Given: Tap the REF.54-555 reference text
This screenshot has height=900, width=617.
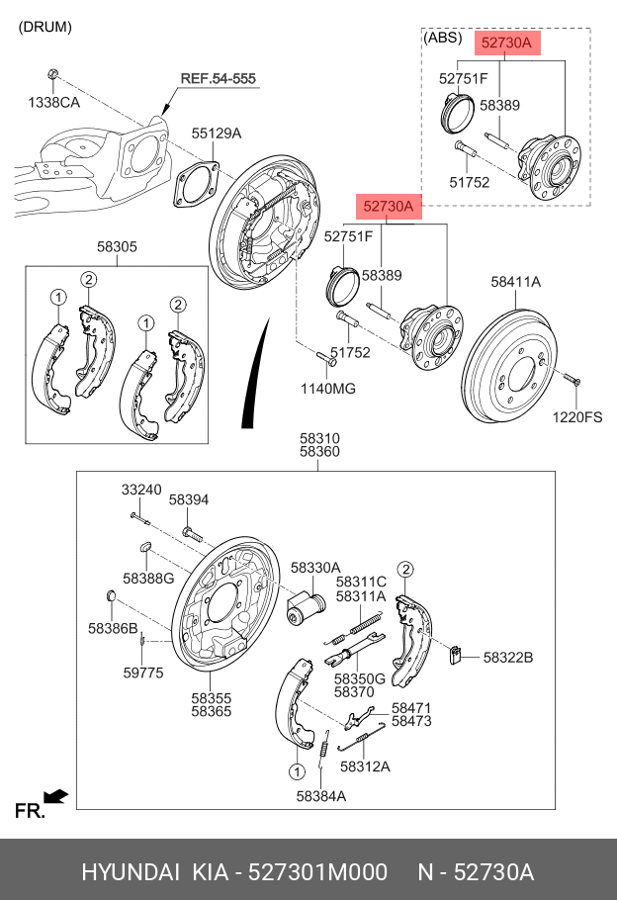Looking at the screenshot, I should click(x=218, y=77).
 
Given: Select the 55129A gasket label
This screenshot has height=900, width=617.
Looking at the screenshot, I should click(x=217, y=133).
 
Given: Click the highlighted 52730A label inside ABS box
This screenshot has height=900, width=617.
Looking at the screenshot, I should click(x=506, y=43).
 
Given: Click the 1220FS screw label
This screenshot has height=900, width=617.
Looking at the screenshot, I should click(x=578, y=417).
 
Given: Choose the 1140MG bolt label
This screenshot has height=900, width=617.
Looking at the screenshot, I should click(x=327, y=389).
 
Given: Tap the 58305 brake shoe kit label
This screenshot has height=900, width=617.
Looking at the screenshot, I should click(x=117, y=247).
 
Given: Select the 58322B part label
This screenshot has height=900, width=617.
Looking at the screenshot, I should click(x=508, y=657).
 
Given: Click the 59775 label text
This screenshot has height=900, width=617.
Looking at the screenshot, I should click(x=143, y=673).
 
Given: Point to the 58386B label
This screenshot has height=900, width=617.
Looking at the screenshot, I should click(x=112, y=628).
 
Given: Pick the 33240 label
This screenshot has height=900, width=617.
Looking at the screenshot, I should click(x=141, y=490).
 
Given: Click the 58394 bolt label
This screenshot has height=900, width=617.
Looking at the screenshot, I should click(x=189, y=500).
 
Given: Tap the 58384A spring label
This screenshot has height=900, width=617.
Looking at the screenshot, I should click(x=320, y=795).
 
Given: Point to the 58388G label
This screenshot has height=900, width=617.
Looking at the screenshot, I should click(x=148, y=578).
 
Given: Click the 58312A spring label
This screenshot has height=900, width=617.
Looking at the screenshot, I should click(x=365, y=765).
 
